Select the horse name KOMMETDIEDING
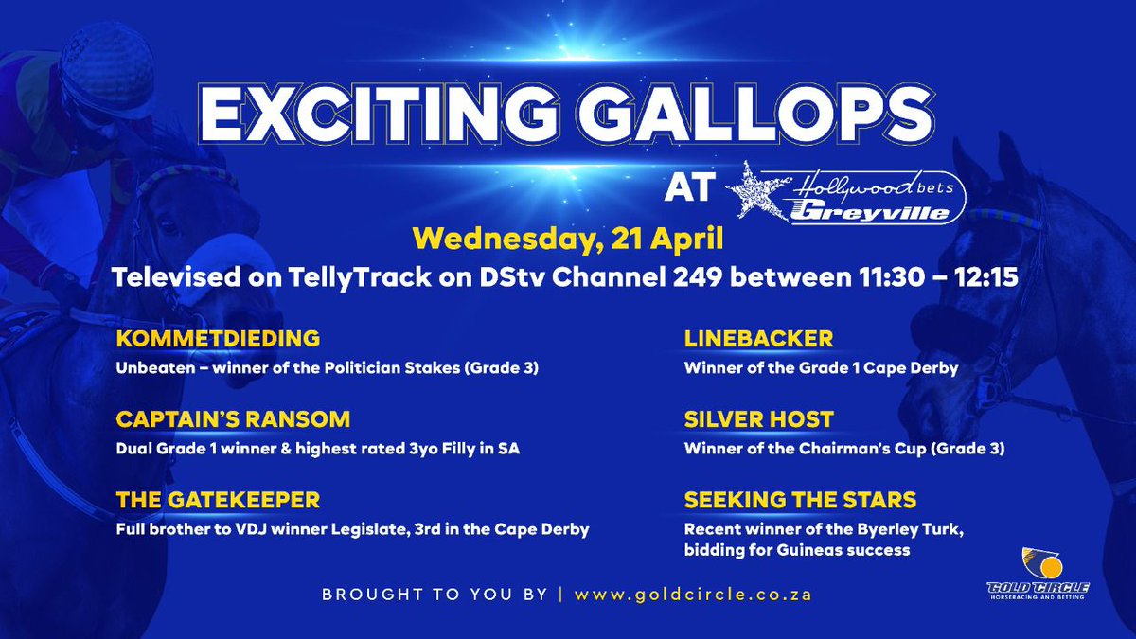[x=218, y=339]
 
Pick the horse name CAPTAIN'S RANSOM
[x=233, y=419]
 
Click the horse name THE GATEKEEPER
[x=218, y=500]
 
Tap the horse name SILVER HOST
[x=758, y=419]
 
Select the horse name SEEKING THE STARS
[x=800, y=500]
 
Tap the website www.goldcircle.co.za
[x=693, y=595]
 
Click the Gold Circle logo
[x=1047, y=572]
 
